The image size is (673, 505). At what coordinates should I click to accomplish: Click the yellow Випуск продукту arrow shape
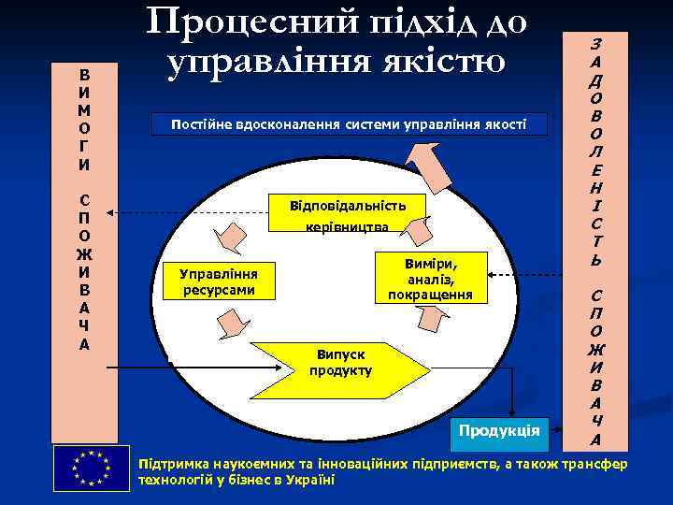click(x=340, y=364)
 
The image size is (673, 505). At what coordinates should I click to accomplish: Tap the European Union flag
click(x=91, y=467)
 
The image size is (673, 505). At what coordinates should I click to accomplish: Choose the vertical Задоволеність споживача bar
click(x=595, y=239)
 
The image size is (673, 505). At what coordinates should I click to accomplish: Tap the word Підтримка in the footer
click(x=169, y=465)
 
